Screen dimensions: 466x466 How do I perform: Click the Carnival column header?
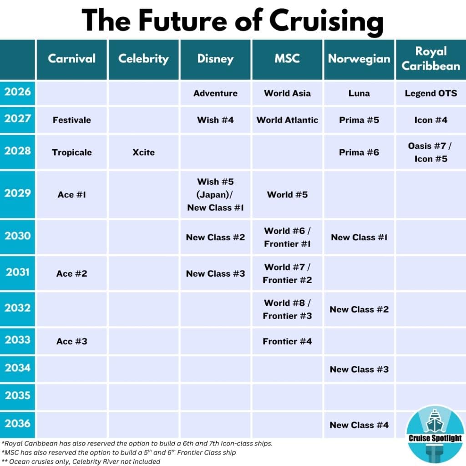pyautogui.click(x=72, y=59)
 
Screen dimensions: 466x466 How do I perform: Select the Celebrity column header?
pyautogui.click(x=143, y=59)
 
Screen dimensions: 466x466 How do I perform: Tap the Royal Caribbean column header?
pyautogui.click(x=431, y=59)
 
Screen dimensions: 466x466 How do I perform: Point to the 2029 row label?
pyautogui.click(x=18, y=193)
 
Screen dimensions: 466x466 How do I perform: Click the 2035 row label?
pyautogui.click(x=18, y=395)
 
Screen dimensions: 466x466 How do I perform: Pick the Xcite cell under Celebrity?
pyautogui.click(x=143, y=152)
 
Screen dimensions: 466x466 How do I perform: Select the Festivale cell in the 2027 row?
pyautogui.click(x=72, y=120)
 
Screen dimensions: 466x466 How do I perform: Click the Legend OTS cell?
pyautogui.click(x=431, y=93)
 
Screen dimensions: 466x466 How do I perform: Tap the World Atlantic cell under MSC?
pyautogui.click(x=287, y=120)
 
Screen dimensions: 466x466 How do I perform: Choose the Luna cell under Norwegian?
pyautogui.click(x=359, y=93)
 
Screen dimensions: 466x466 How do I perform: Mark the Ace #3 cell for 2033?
pyautogui.click(x=72, y=341)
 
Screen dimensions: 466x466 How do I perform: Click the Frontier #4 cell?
pyautogui.click(x=287, y=341)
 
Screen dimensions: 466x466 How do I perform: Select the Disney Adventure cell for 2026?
pyautogui.click(x=215, y=93)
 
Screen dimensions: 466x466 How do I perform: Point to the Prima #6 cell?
pyautogui.click(x=359, y=152)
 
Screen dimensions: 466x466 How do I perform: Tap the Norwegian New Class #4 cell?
pyautogui.click(x=359, y=425)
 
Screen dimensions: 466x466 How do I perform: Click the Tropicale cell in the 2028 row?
pyautogui.click(x=72, y=152)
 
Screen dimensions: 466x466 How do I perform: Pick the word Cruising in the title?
pyautogui.click(x=326, y=20)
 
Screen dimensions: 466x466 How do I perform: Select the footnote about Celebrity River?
pyautogui.click(x=81, y=461)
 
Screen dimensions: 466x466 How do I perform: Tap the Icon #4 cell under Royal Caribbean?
pyautogui.click(x=431, y=120)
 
